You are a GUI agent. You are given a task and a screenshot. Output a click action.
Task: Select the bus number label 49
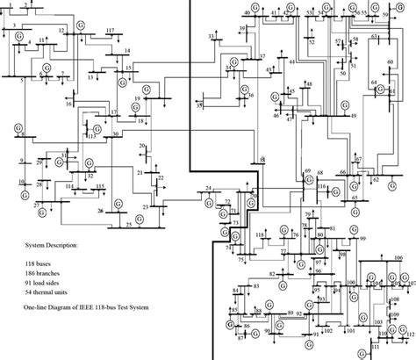tap(353, 116)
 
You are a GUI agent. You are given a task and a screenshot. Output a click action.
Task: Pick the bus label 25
tap(129, 225)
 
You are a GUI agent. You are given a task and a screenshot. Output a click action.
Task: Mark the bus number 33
tap(211, 35)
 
